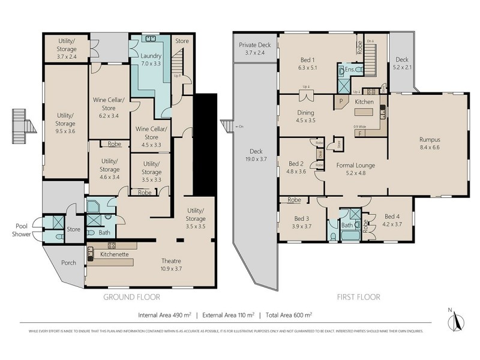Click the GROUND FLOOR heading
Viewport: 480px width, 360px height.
(x=131, y=297)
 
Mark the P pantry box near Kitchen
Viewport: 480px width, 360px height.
(x=341, y=102)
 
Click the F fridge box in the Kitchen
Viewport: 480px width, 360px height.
(x=359, y=133)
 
